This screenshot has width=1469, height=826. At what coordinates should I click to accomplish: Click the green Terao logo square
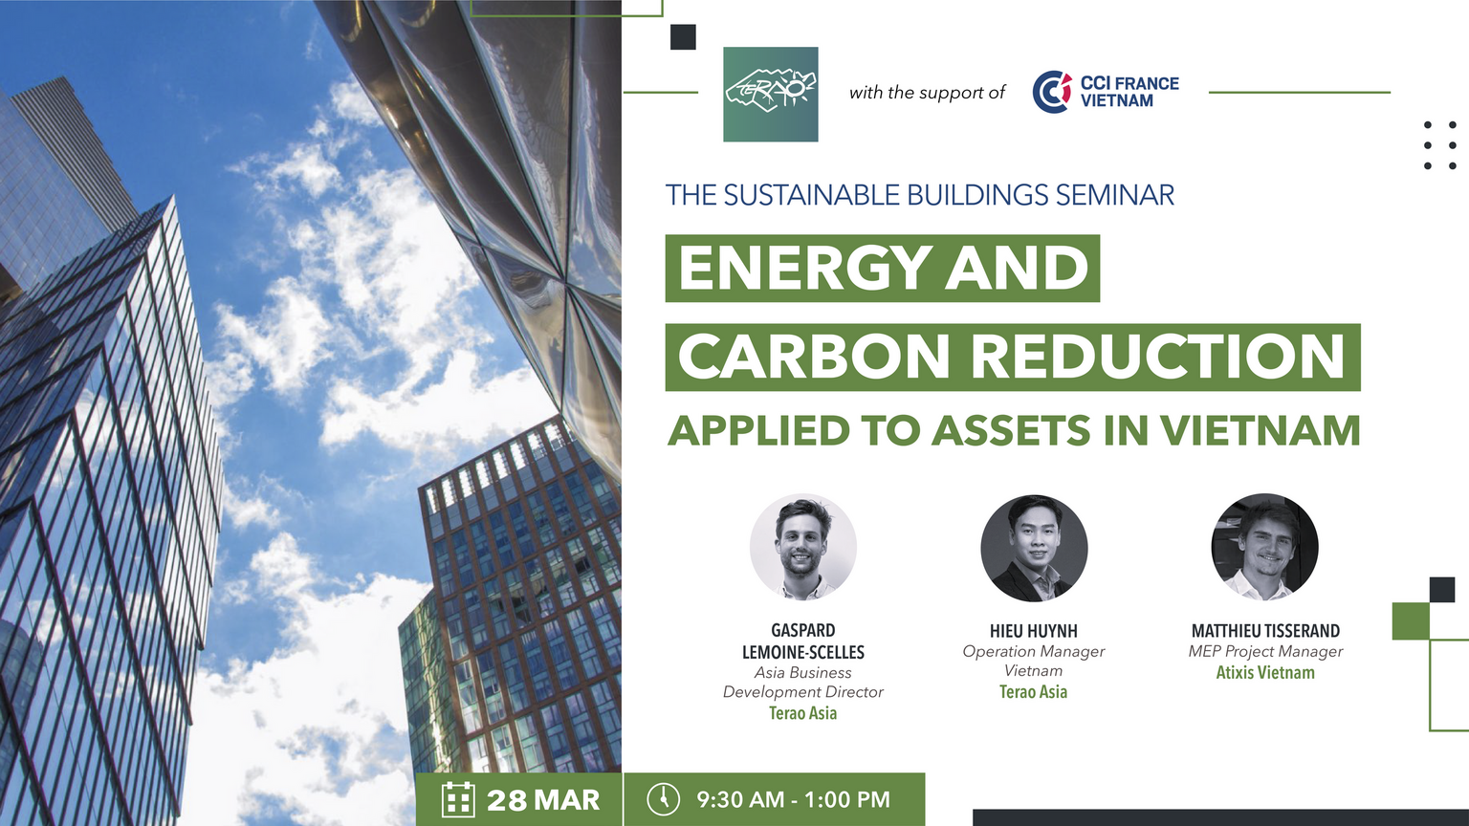click(771, 94)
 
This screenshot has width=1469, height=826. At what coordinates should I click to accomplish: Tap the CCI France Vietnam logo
click(1106, 92)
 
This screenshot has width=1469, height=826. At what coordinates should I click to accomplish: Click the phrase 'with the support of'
click(927, 93)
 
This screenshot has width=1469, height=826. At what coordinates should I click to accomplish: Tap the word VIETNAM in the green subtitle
click(1260, 430)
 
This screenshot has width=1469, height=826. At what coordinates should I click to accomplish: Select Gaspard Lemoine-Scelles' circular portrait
click(802, 547)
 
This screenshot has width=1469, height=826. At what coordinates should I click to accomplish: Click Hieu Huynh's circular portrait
click(1034, 548)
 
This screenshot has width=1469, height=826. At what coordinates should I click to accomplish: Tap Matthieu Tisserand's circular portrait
click(1264, 547)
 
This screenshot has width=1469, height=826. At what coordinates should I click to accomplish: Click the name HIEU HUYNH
click(1034, 631)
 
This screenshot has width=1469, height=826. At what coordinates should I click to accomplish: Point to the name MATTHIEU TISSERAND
click(1265, 631)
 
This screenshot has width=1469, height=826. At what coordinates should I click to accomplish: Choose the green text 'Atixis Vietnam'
click(1265, 673)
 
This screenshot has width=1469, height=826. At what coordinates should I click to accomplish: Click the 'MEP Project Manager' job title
click(1265, 652)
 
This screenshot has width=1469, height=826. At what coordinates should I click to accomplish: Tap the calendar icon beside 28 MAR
click(458, 800)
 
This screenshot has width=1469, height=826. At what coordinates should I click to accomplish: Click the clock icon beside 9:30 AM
click(663, 799)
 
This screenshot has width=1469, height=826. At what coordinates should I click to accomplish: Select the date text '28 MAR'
click(543, 800)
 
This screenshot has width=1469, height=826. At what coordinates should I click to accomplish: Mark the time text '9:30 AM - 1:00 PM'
click(793, 800)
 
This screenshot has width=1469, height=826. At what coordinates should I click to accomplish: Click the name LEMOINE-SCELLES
click(802, 653)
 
